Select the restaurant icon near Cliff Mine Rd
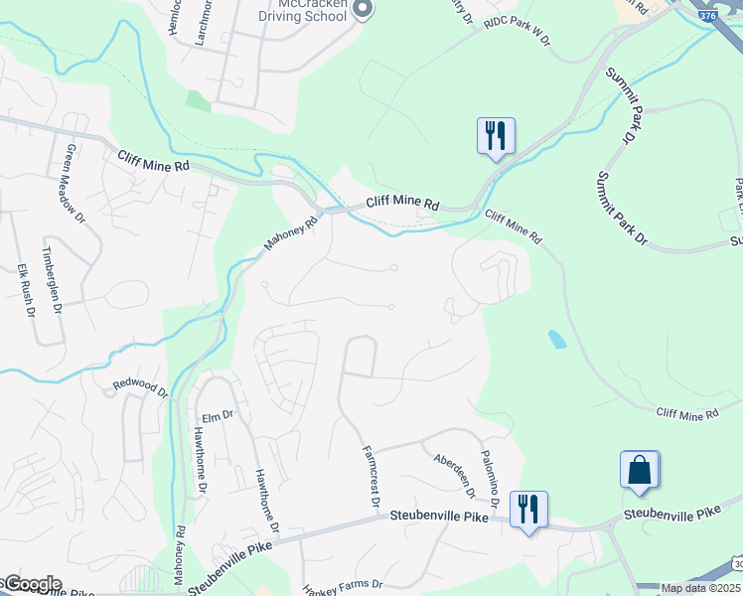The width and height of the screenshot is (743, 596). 495,135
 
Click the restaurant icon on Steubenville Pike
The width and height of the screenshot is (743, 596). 527,510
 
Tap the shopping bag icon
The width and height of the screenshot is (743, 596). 640,470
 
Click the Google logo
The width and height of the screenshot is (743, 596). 32,584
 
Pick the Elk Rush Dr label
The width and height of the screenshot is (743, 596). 26,287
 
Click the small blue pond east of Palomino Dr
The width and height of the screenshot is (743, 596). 557,339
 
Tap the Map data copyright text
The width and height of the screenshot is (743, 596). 699,588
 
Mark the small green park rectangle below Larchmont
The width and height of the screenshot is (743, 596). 199,100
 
